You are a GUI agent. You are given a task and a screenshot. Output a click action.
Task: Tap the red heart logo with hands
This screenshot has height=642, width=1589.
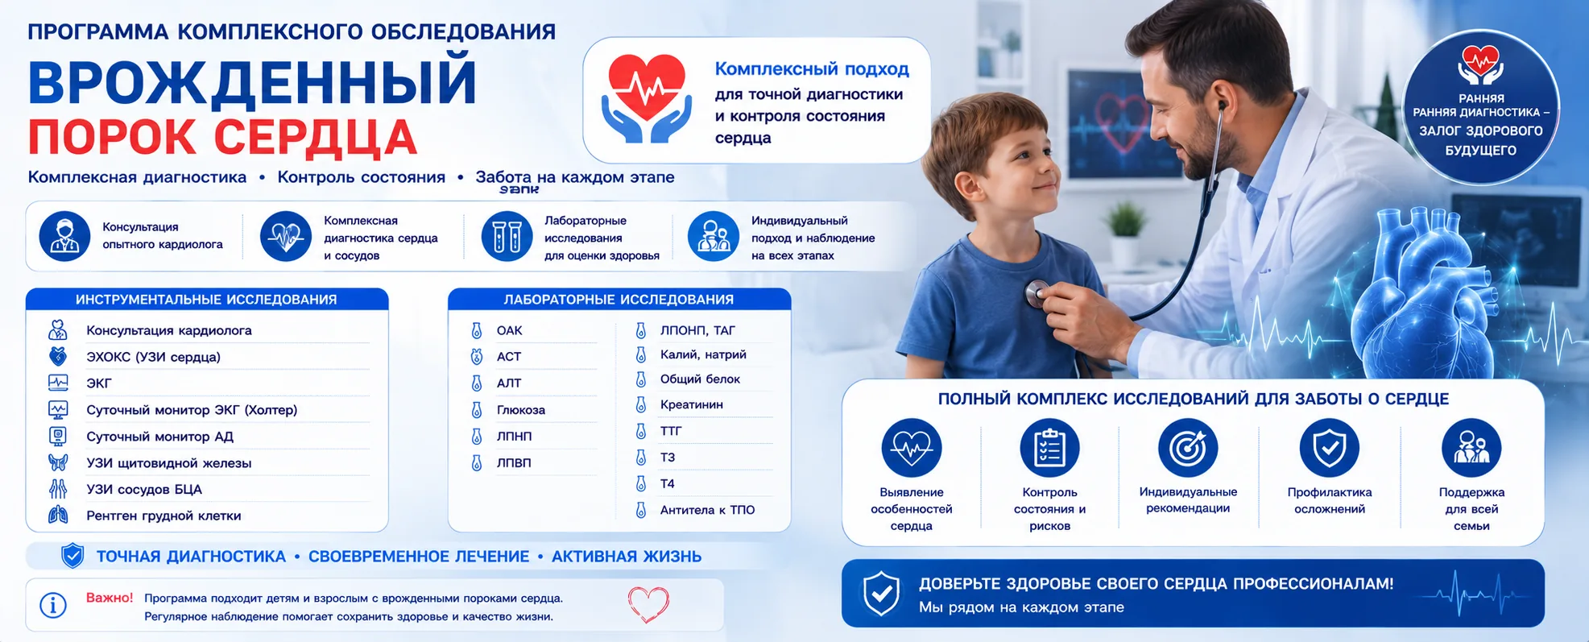click(x=646, y=98)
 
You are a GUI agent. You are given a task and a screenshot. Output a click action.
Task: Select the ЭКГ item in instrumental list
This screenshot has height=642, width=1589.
click(x=99, y=383)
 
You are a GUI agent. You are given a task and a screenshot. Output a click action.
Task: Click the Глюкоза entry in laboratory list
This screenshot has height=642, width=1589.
click(x=521, y=410)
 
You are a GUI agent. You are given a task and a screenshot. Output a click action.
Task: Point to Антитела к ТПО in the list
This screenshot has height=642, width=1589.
click(x=707, y=510)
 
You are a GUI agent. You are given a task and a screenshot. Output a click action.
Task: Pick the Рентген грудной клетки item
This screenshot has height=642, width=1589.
click(x=163, y=516)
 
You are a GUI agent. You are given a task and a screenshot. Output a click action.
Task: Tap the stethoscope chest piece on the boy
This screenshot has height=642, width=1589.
click(x=1037, y=293)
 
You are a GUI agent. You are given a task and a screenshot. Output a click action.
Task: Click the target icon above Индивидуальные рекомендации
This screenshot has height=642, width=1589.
click(x=1188, y=448)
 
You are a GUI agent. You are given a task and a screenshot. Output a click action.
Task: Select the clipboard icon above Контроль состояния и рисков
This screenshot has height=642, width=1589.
click(x=1049, y=448)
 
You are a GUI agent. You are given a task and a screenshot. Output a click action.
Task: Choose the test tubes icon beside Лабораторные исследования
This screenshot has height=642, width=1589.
click(x=507, y=237)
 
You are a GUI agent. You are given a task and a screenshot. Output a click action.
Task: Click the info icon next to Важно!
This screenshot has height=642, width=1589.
click(x=53, y=605)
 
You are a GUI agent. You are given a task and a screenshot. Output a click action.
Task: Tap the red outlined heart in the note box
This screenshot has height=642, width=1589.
click(x=648, y=604)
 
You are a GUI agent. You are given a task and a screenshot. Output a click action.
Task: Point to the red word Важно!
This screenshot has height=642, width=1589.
click(x=110, y=598)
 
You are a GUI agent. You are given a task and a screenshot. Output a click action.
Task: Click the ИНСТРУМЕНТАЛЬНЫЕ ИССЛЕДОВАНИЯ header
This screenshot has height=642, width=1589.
click(x=206, y=300)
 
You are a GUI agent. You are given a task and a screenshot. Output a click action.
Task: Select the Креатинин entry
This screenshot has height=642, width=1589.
click(x=691, y=404)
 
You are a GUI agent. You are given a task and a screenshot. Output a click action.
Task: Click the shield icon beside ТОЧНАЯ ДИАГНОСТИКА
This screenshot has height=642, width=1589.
click(x=72, y=556)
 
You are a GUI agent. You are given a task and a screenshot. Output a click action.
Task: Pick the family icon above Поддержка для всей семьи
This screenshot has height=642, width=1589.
click(x=1471, y=448)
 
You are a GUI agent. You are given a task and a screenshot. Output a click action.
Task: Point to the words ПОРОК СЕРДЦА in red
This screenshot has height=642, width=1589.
click(x=222, y=138)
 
